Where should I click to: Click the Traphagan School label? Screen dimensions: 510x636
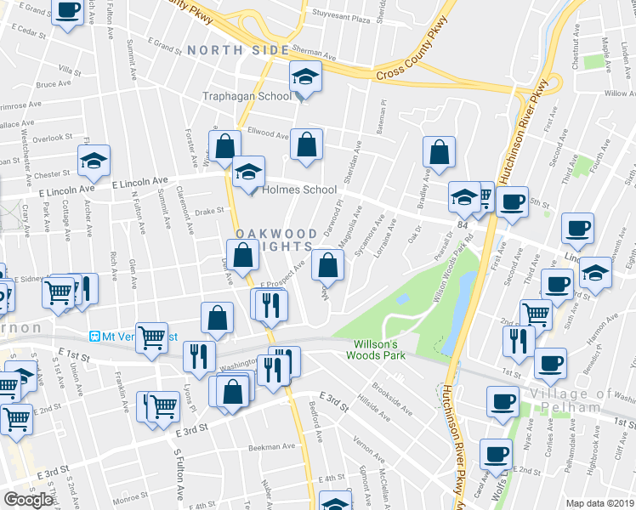pos(247,96)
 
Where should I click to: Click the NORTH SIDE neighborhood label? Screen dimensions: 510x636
pos(238,51)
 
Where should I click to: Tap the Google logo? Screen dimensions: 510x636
pos(28,500)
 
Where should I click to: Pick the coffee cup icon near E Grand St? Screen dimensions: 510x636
pos(68,11)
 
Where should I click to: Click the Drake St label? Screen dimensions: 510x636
pos(208,211)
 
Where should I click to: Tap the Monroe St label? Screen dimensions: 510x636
pos(131,498)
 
